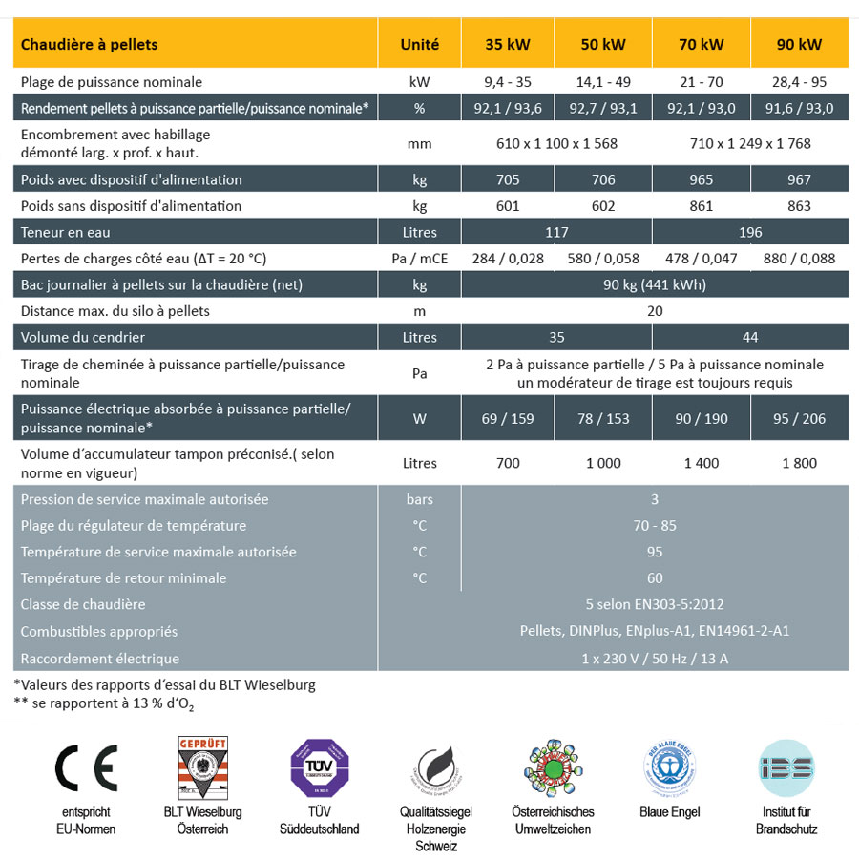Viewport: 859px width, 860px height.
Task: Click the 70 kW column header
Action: pos(702,44)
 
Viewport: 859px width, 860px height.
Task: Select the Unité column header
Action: pos(420,44)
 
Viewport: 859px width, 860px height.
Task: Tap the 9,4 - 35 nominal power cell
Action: pos(508,82)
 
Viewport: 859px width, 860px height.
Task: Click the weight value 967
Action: pos(799,179)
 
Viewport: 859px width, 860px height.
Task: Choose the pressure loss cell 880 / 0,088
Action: pos(799,259)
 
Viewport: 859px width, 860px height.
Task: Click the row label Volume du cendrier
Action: pos(83,337)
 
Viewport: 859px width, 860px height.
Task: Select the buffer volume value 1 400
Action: pos(701,463)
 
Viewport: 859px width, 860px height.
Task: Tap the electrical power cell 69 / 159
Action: pos(508,418)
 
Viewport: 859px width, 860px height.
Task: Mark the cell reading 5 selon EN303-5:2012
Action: pos(654,604)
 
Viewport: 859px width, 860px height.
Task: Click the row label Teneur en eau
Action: pos(66,232)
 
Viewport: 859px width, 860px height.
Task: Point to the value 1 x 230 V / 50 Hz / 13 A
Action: pos(654,658)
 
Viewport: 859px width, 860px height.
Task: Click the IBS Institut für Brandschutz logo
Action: pos(786,769)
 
